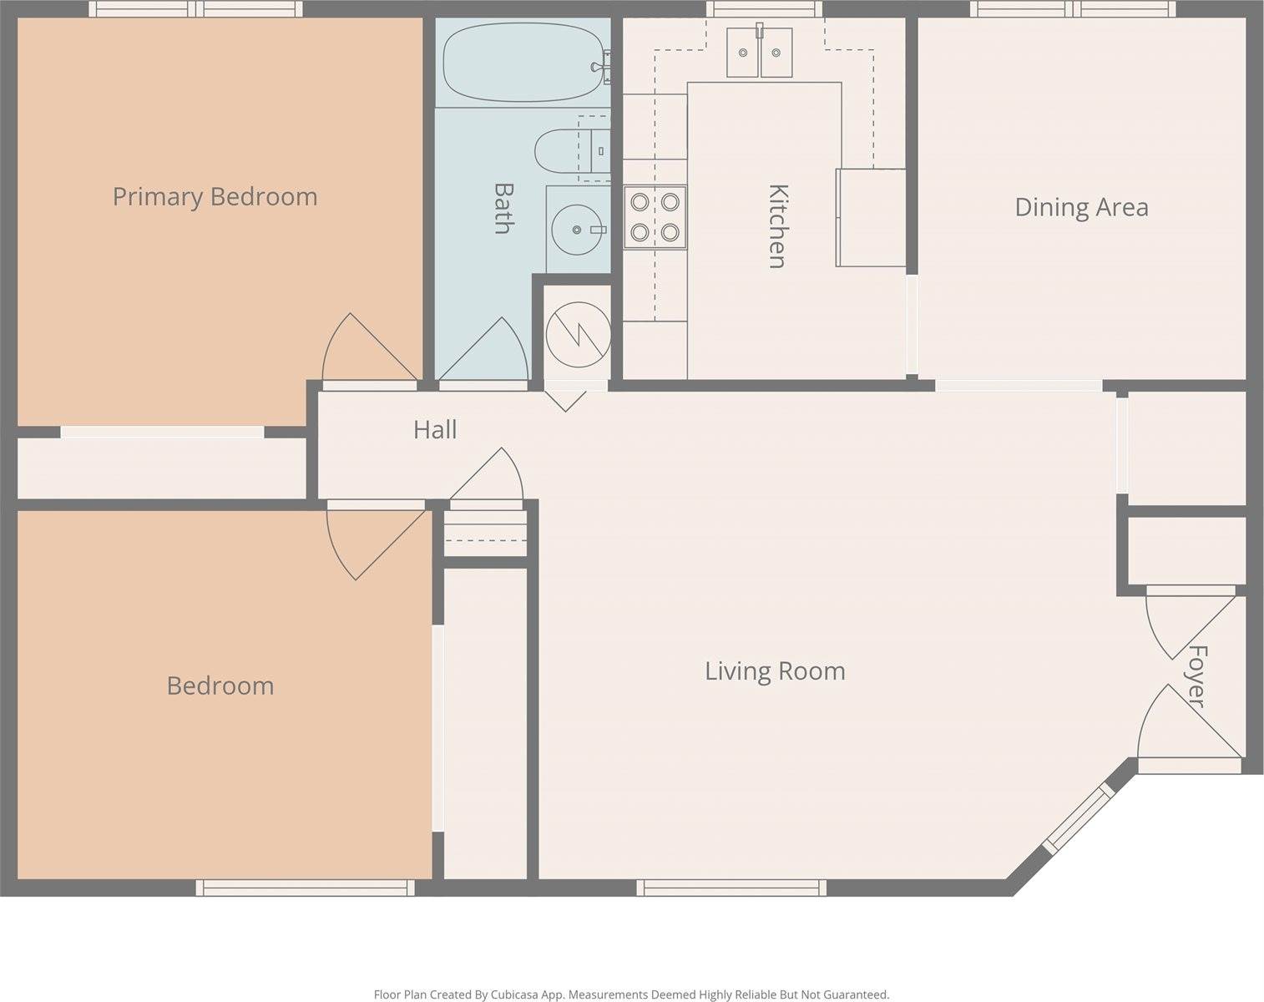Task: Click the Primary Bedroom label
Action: tap(215, 197)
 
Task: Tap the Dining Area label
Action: tap(1081, 207)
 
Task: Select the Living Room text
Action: tap(775, 671)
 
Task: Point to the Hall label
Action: tap(435, 430)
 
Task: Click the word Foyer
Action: tap(1197, 676)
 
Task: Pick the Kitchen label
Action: tap(777, 226)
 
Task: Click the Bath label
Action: tap(503, 209)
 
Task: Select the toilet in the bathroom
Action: tap(572, 151)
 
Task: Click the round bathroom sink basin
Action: tap(577, 229)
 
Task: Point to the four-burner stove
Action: tap(655, 217)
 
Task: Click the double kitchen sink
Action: tap(760, 52)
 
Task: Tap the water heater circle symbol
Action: tap(578, 335)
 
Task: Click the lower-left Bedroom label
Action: tap(220, 686)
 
